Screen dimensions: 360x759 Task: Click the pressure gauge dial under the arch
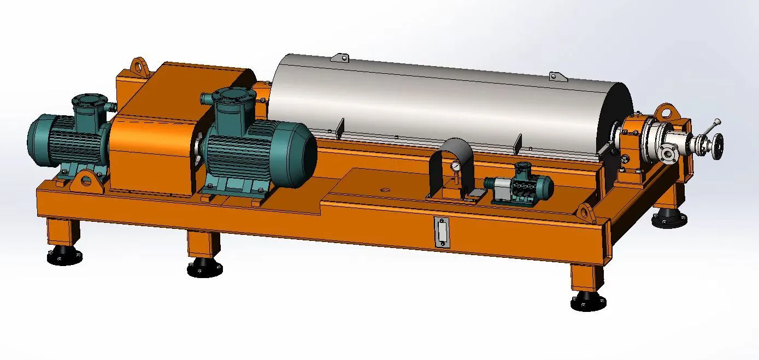click(x=455, y=165)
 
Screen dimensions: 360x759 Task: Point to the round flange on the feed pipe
click(x=667, y=155)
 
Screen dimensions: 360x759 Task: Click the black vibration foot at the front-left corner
click(x=64, y=256)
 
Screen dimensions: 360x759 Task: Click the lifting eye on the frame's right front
click(x=585, y=210)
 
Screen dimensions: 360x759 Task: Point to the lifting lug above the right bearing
click(x=667, y=111)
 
